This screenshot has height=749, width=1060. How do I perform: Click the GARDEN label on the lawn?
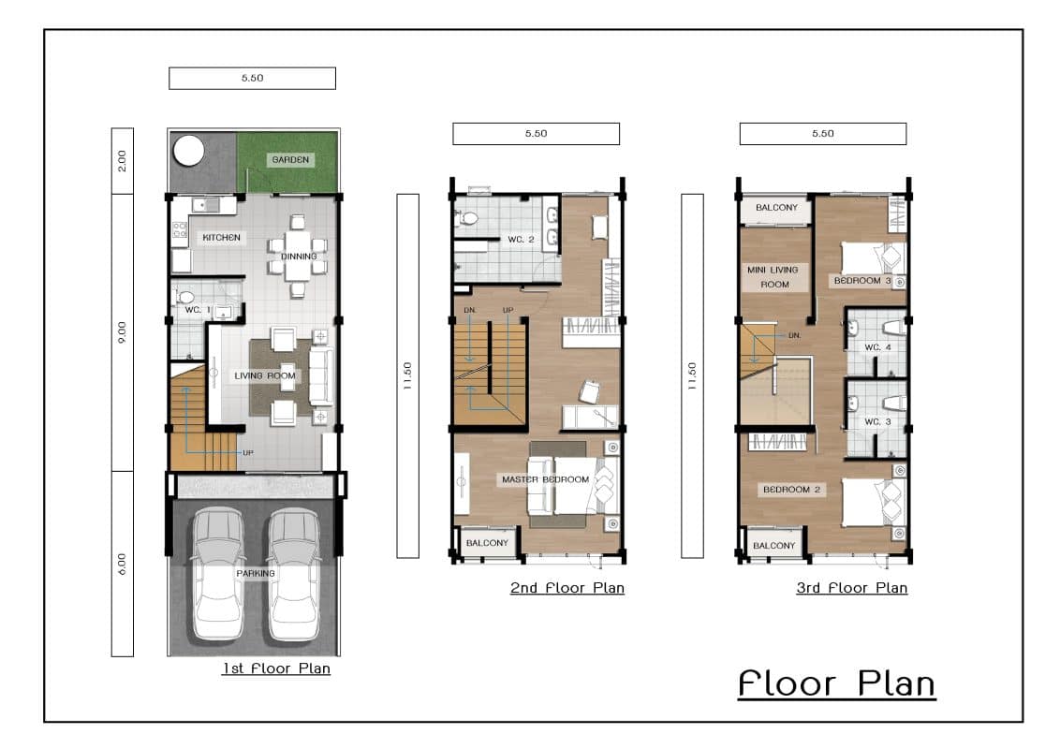(x=290, y=160)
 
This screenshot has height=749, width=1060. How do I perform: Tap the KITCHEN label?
(x=221, y=238)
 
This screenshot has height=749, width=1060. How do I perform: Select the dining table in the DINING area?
(x=298, y=256)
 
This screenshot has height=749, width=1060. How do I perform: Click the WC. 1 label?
(x=198, y=310)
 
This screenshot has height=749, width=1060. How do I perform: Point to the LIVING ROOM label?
(x=265, y=375)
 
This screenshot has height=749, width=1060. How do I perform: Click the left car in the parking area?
(x=217, y=575)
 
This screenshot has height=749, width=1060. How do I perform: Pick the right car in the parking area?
(x=293, y=575)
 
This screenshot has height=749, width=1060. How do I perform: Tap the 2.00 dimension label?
(x=122, y=161)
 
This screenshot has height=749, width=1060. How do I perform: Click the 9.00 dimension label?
(x=122, y=332)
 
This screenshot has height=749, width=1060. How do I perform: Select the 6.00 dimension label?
(x=122, y=564)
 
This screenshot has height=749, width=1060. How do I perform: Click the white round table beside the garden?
(x=188, y=150)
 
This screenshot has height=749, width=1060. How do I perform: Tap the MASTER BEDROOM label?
(x=546, y=479)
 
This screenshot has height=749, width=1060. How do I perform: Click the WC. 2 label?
(x=522, y=240)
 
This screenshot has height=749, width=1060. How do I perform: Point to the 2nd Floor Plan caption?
(x=567, y=588)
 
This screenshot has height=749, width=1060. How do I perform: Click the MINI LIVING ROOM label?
(x=773, y=277)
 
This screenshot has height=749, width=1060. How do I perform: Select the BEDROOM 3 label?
(x=862, y=281)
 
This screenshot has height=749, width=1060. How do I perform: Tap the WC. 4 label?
(x=877, y=347)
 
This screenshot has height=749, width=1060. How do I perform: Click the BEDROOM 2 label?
(x=791, y=490)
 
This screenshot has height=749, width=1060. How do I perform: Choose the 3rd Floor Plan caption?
(x=852, y=588)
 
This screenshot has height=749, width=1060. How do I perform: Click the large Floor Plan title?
(x=837, y=683)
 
